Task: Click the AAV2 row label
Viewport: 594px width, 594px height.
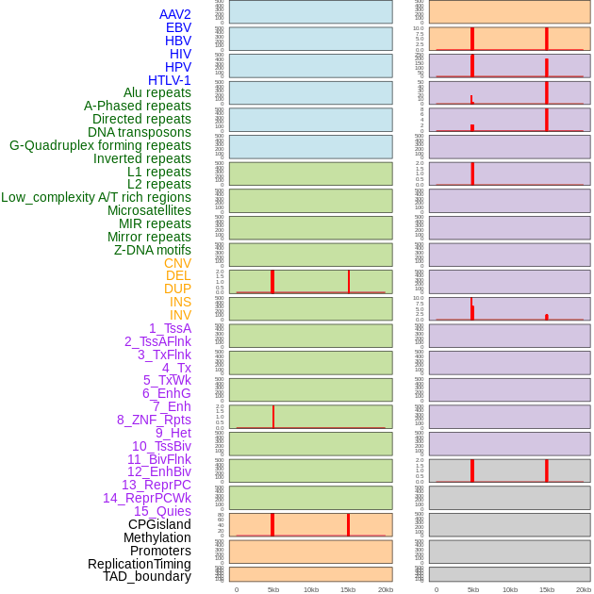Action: click(174, 14)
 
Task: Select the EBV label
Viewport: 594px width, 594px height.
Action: click(178, 27)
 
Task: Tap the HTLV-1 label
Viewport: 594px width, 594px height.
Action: click(169, 80)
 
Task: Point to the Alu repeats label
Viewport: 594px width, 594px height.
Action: click(157, 92)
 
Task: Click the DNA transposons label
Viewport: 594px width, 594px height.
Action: click(140, 132)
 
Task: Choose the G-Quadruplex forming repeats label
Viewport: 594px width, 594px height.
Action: click(100, 145)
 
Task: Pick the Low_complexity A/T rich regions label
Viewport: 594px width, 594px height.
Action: click(95, 197)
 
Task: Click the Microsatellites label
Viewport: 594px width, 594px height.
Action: click(149, 210)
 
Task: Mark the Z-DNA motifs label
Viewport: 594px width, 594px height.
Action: click(152, 250)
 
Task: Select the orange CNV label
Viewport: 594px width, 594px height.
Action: click(177, 263)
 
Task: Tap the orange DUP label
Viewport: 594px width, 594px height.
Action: click(177, 289)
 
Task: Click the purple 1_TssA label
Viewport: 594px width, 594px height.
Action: click(170, 328)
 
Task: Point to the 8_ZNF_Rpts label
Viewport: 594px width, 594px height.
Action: click(154, 420)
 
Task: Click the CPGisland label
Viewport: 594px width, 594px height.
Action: click(159, 524)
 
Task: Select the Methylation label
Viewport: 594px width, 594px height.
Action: click(157, 537)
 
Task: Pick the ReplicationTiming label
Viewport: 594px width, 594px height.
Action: click(139, 564)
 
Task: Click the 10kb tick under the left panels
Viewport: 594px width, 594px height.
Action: click(310, 589)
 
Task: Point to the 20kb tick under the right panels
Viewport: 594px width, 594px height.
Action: click(584, 589)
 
